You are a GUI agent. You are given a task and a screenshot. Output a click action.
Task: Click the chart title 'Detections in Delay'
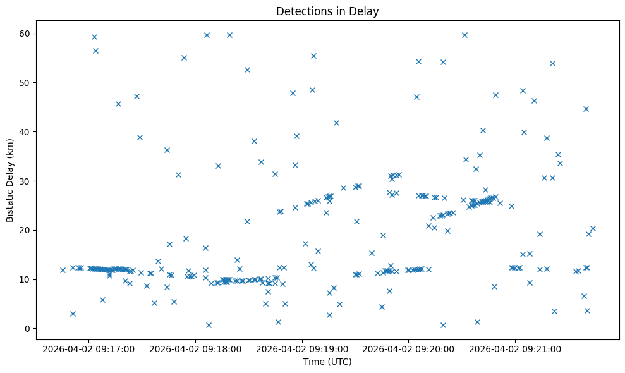(x=327, y=11)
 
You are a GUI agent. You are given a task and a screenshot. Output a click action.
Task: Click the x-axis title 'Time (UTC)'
(x=327, y=362)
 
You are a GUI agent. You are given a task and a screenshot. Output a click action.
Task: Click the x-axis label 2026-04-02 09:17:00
(x=88, y=348)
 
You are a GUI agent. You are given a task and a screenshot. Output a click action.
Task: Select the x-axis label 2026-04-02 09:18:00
(x=195, y=348)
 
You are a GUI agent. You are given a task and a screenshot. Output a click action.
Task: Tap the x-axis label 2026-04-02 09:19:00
(x=302, y=348)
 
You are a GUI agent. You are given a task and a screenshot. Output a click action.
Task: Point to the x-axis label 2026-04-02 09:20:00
(x=408, y=348)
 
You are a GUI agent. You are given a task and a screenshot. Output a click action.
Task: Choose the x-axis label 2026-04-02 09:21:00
(x=515, y=348)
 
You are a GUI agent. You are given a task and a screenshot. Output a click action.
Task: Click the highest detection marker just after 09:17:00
(x=94, y=37)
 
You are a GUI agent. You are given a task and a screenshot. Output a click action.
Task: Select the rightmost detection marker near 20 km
(x=593, y=228)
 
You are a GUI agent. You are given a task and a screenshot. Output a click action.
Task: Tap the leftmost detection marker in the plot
(x=63, y=270)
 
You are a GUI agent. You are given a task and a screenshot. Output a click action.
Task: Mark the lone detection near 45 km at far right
(x=586, y=109)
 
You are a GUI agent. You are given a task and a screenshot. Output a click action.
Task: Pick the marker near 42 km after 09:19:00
(x=336, y=123)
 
